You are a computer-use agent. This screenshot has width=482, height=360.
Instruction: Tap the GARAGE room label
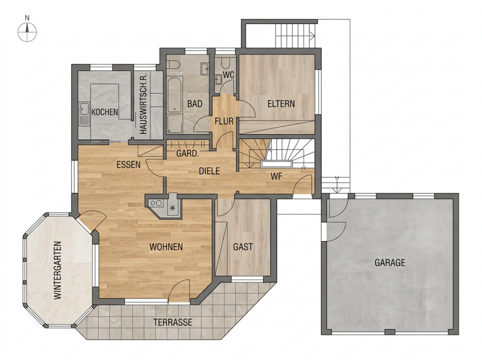coord(390,263)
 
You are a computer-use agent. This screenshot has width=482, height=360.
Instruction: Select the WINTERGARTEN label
coord(58,270)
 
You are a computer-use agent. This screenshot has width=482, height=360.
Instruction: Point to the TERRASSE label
coord(173,322)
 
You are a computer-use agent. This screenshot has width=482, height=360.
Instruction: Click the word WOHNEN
coord(166,247)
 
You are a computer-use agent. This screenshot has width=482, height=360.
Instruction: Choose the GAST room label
coord(243,247)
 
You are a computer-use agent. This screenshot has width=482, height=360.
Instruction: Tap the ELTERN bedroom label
coord(281,104)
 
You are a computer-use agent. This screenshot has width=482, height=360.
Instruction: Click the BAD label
coord(195,104)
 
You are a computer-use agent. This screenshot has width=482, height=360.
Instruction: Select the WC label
coord(228,75)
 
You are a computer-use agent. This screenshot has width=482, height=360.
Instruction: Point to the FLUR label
coord(224,122)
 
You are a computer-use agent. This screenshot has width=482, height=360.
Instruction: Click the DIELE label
coord(210,171)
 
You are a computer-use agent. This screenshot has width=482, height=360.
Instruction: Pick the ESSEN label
coord(128,165)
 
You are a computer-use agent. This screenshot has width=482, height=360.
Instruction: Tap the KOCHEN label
coord(105,112)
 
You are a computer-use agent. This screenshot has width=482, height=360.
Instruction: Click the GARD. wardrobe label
coord(188,153)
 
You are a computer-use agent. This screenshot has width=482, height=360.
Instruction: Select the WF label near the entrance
coord(276,176)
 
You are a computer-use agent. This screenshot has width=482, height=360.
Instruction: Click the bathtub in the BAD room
coord(174,95)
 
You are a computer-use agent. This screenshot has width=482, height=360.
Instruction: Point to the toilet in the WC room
coord(225,63)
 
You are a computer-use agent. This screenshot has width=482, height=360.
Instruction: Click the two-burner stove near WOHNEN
coord(156,203)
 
